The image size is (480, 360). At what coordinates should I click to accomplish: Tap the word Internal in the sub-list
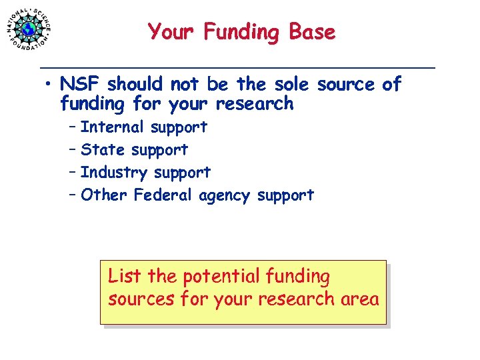coord(112,127)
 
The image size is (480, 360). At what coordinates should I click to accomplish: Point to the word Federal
coord(163,195)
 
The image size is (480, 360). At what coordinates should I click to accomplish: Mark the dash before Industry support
coord(71,173)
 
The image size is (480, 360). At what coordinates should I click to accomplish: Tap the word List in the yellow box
coord(125,275)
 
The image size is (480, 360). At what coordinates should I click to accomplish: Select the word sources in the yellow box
coord(142,299)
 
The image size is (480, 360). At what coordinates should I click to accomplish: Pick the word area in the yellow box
coord(361,299)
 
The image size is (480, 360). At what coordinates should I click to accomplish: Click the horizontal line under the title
coord(237,68)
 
